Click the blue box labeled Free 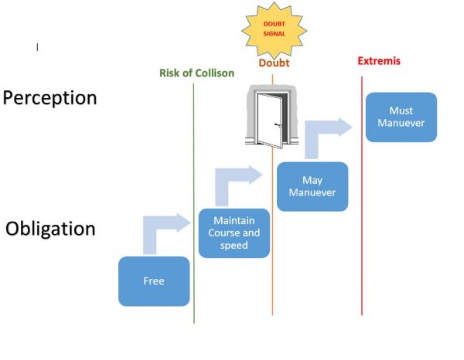[x=154, y=281]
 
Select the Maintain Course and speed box [x=234, y=233]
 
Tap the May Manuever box [x=312, y=186]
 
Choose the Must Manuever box [x=401, y=117]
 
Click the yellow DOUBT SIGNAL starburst [x=275, y=29]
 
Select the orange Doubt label [x=274, y=63]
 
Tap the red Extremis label [x=379, y=61]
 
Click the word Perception [x=50, y=98]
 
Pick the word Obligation [x=50, y=229]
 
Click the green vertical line [x=194, y=294]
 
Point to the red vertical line [x=362, y=232]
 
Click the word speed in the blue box [x=234, y=246]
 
